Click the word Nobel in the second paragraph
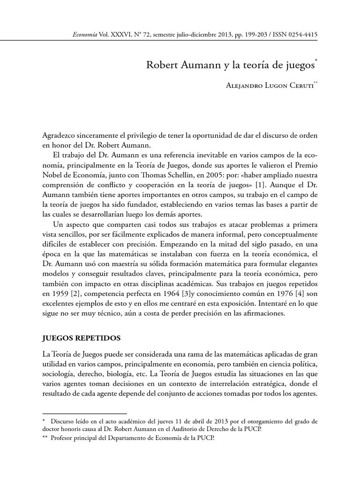(x=54, y=175)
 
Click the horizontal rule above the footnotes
(x=84, y=414)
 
